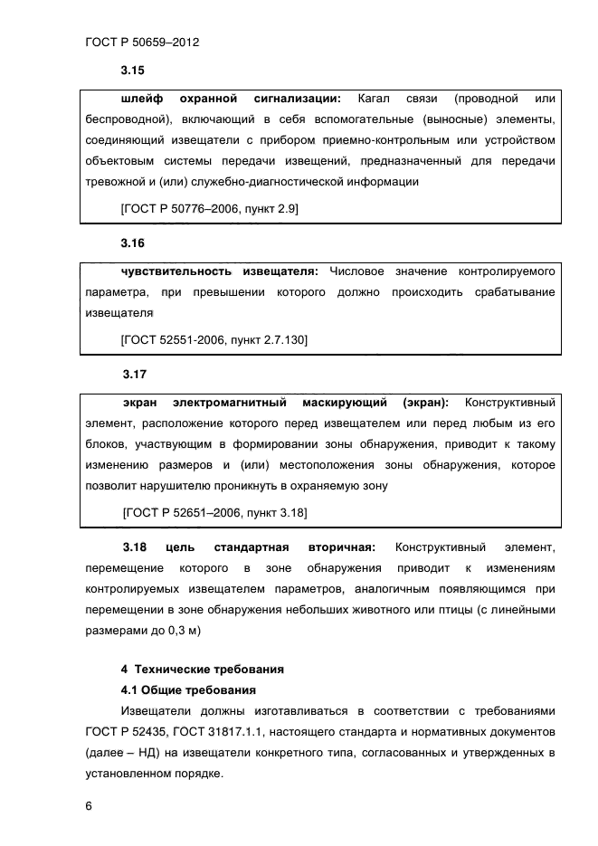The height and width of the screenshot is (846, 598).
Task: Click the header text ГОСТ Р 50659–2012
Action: (x=142, y=42)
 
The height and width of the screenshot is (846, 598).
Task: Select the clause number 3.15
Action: (x=133, y=70)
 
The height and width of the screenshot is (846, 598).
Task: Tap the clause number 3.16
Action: (x=133, y=243)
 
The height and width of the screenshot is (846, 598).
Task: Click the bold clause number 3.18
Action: (x=134, y=547)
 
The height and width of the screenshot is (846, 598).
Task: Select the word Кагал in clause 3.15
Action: (x=375, y=98)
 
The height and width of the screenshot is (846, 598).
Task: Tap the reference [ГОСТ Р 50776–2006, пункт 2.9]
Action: (x=209, y=208)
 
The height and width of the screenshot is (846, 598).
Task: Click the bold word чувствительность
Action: (x=174, y=271)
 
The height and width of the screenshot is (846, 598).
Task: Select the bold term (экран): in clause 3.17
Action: (x=425, y=401)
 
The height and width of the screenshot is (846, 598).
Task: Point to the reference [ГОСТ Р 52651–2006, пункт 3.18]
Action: (x=214, y=512)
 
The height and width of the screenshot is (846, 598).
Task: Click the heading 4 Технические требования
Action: (x=203, y=670)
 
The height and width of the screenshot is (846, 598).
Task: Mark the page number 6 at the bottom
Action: (x=88, y=804)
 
